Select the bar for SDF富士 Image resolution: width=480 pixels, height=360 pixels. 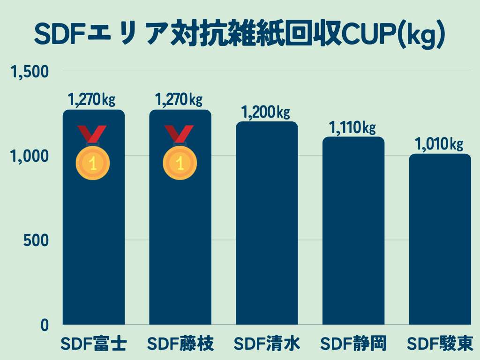click(94, 244)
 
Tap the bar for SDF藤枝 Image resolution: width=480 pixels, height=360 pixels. click(180, 244)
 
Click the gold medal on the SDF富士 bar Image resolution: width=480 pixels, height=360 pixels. click(93, 162)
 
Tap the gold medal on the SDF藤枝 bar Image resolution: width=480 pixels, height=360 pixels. click(180, 162)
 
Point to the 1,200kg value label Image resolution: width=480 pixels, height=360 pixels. click(265, 112)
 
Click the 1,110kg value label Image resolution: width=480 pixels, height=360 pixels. click(352, 127)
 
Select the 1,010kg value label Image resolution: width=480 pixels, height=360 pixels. click(439, 144)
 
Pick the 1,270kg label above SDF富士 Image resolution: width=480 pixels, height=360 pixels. click(92, 100)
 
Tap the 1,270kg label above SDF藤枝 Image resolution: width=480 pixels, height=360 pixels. click(179, 100)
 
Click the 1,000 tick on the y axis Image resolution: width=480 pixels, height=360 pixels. click(30, 156)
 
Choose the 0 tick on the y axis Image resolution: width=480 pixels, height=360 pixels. click(44, 325)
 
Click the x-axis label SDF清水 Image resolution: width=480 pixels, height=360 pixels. click(267, 344)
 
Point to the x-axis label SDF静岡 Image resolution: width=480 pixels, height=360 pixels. click(353, 344)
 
